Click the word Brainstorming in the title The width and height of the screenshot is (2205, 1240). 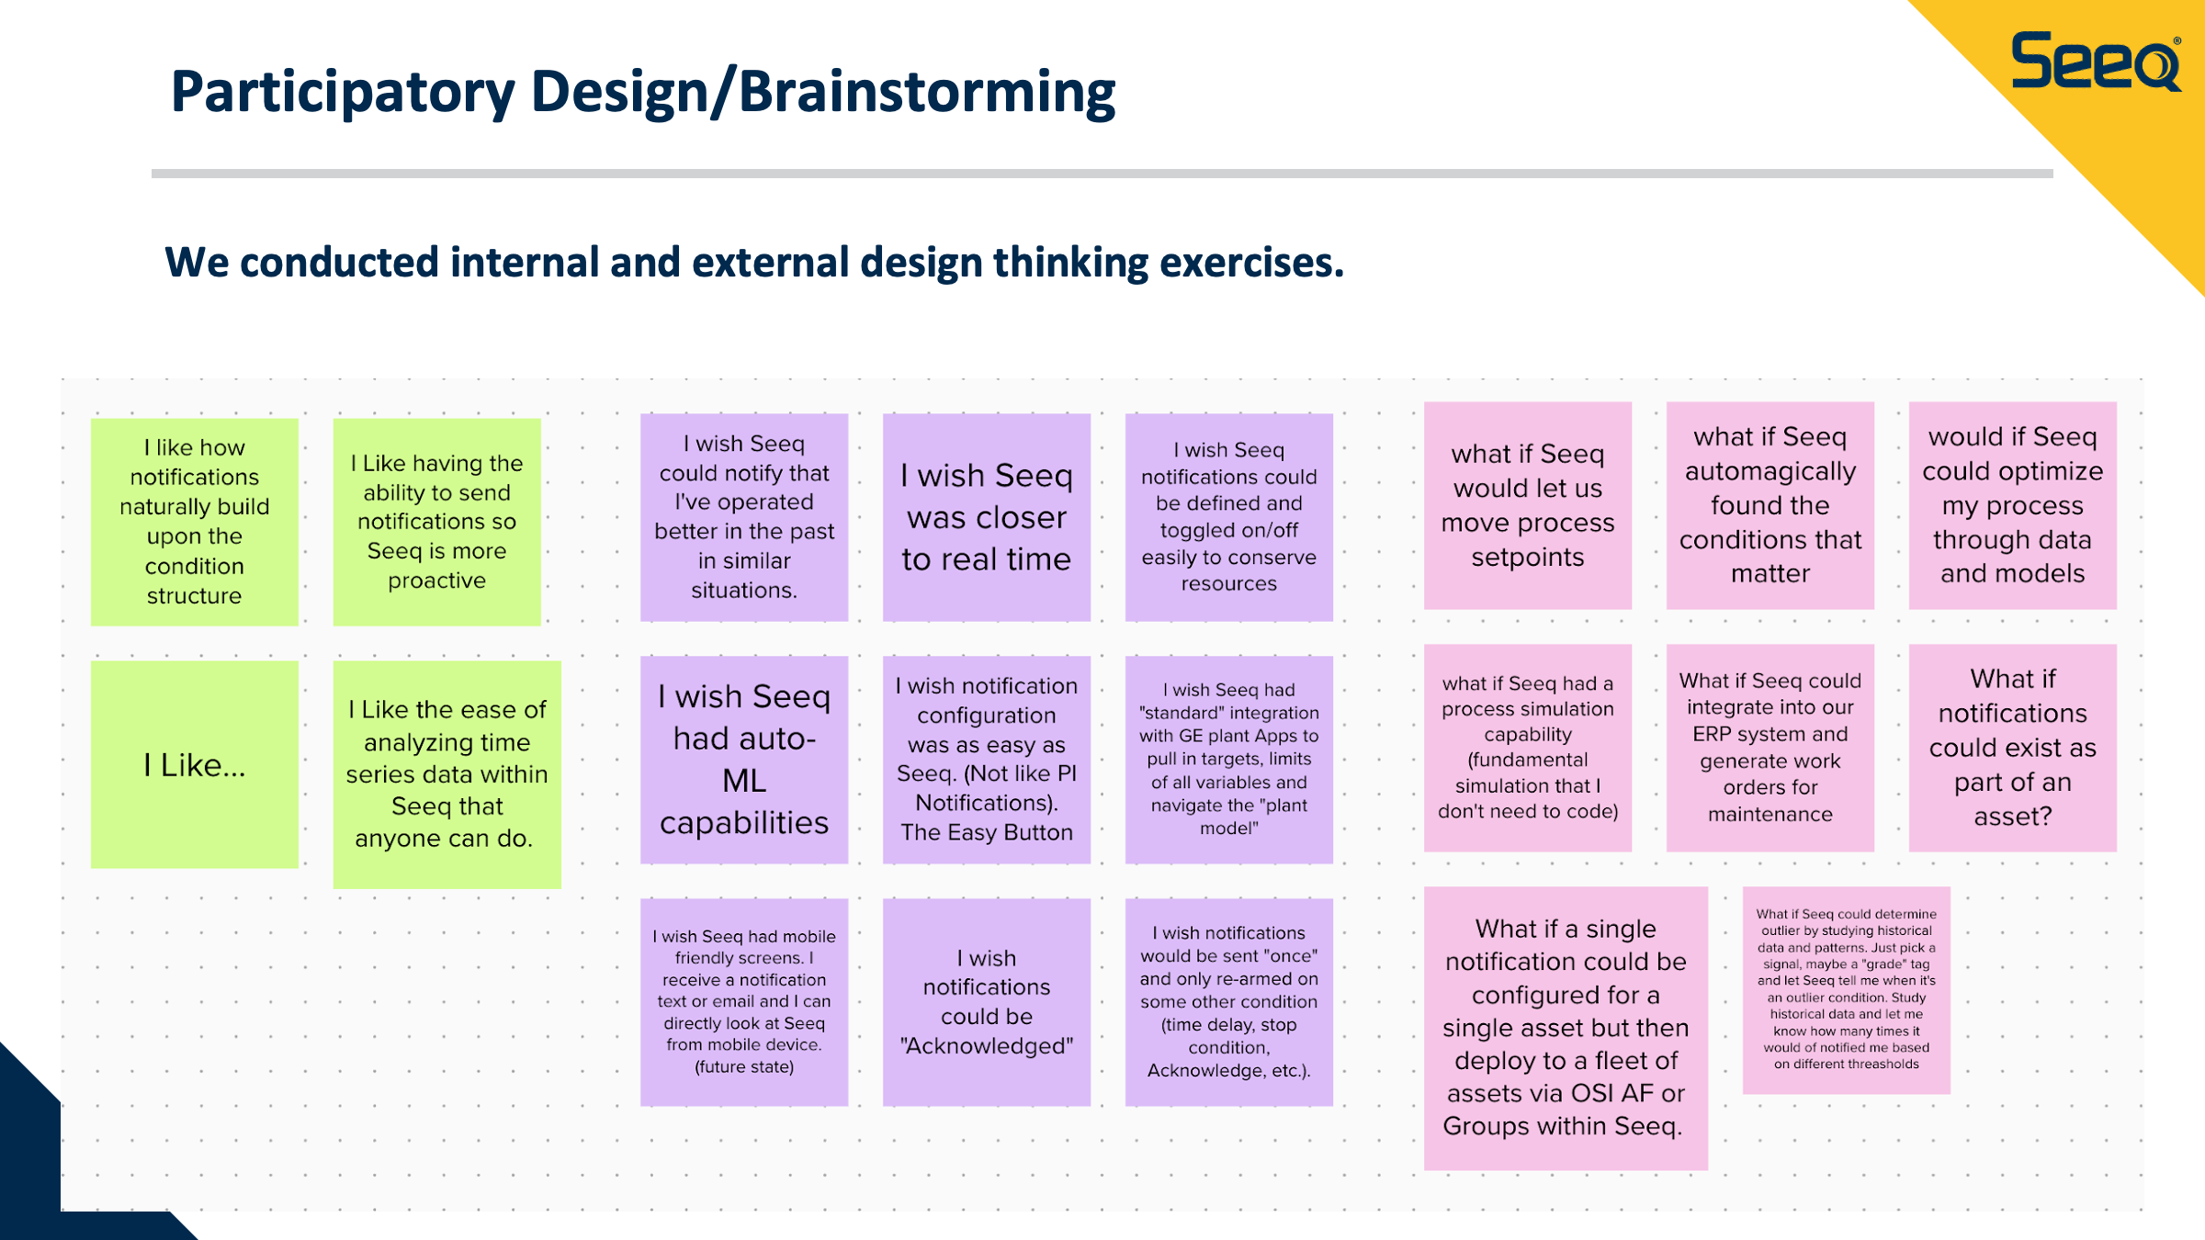pyautogui.click(x=927, y=94)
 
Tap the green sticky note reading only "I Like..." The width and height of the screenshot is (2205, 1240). pyautogui.click(x=195, y=764)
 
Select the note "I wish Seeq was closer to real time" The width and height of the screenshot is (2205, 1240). pyautogui.click(x=987, y=517)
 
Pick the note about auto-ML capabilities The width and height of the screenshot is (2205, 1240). pyautogui.click(x=744, y=760)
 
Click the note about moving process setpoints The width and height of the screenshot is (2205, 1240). pyautogui.click(x=1528, y=505)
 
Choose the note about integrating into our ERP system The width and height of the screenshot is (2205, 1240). pyautogui.click(x=1770, y=748)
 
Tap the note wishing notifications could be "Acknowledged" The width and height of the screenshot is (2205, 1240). pyautogui.click(x=987, y=1002)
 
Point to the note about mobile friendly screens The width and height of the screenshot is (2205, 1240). pyautogui.click(x=744, y=1002)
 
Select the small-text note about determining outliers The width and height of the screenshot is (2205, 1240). pyautogui.click(x=1847, y=990)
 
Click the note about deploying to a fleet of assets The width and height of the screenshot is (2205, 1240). pyautogui.click(x=1566, y=1028)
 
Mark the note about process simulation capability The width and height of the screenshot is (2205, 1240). pyautogui.click(x=1528, y=748)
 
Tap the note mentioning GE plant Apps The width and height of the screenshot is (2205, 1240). pyautogui.click(x=1229, y=760)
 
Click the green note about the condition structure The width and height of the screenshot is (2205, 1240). pyautogui.click(x=195, y=522)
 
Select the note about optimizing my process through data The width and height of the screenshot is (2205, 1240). pyautogui.click(x=2013, y=505)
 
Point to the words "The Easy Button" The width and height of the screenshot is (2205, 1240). pyautogui.click(x=987, y=832)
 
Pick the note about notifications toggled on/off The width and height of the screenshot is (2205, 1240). pyautogui.click(x=1229, y=517)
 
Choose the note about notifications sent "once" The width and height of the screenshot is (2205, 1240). pyautogui.click(x=1229, y=1002)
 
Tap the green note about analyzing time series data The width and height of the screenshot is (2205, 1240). pyautogui.click(x=447, y=774)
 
